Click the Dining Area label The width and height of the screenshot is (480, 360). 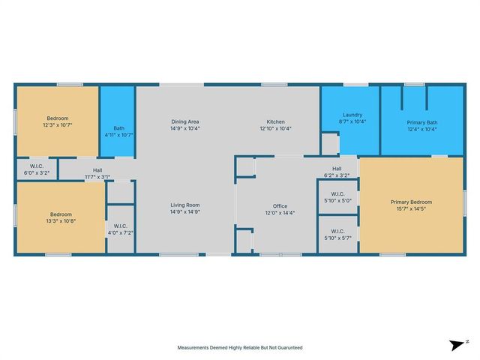(184, 121)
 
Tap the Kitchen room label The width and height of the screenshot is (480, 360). (276, 121)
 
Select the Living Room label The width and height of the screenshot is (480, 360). (184, 204)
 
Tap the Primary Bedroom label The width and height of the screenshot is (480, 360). (411, 202)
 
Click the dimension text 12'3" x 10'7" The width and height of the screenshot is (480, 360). (58, 125)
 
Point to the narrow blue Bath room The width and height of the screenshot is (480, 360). (118, 124)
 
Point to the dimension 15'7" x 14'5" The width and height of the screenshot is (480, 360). (411, 208)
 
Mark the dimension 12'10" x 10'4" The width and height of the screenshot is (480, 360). (276, 128)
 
